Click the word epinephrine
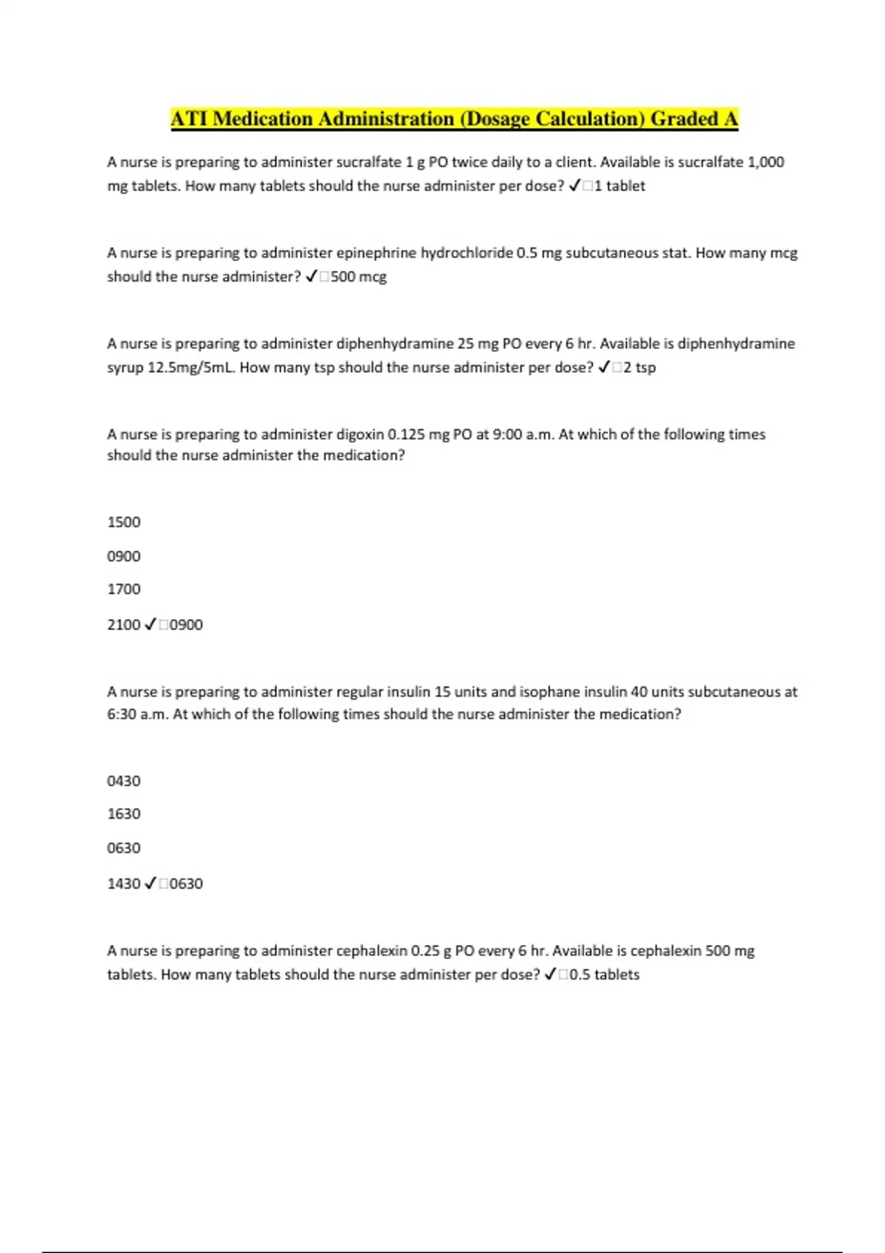376,253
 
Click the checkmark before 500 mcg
310,276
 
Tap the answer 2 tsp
639,367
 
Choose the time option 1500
124,522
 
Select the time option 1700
124,589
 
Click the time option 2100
124,624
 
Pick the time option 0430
124,781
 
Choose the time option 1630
124,814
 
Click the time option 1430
124,883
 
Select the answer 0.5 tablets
605,974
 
